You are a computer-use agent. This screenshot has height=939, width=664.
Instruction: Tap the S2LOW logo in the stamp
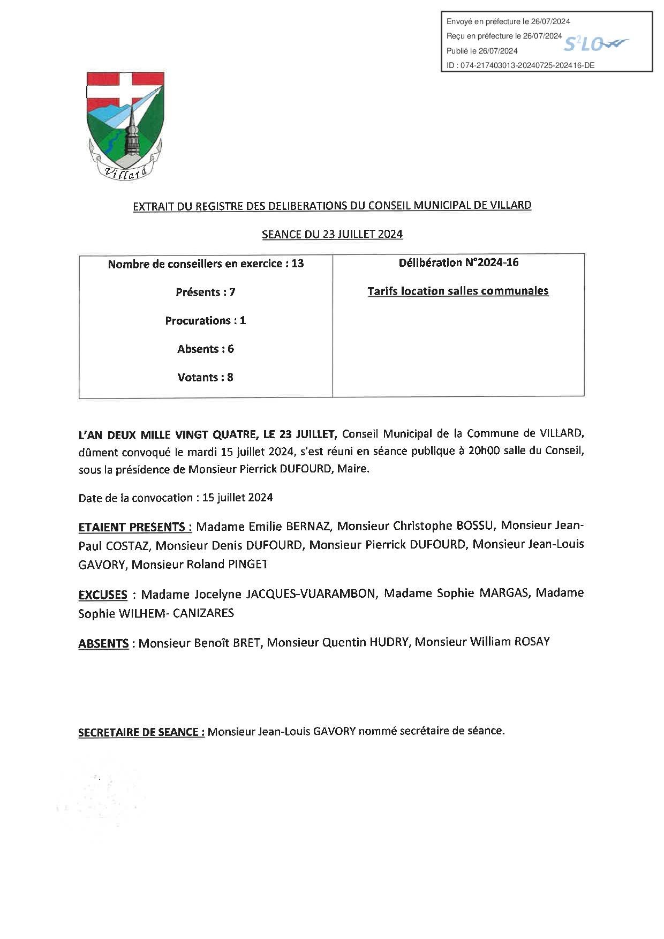tap(596, 44)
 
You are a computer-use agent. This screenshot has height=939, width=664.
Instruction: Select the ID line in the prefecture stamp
tap(520, 65)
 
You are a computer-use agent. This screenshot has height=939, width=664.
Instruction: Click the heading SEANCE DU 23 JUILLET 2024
tap(332, 234)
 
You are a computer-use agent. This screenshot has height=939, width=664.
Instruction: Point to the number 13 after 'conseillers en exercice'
tap(297, 264)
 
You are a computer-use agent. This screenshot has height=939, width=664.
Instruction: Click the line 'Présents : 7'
tap(206, 292)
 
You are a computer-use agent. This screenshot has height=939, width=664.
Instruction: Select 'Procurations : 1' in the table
tap(206, 320)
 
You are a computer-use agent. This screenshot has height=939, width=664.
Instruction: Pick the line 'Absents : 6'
tap(206, 349)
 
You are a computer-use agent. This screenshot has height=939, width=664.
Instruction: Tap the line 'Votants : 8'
tap(206, 377)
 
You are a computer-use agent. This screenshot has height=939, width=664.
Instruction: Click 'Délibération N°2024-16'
tap(458, 262)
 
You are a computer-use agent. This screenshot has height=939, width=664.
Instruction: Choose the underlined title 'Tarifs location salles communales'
tap(458, 291)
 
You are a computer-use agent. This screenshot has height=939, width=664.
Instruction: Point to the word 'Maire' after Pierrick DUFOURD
tap(353, 469)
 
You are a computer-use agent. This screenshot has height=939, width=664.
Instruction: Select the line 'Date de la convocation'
tap(176, 497)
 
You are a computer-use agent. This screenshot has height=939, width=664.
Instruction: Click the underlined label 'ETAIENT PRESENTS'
tap(135, 527)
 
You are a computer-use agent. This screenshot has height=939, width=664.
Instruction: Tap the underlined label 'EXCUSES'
tap(103, 595)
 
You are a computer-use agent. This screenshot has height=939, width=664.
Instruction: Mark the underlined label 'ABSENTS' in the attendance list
tap(103, 643)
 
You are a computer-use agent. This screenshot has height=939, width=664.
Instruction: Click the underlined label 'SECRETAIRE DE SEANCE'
tap(141, 732)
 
